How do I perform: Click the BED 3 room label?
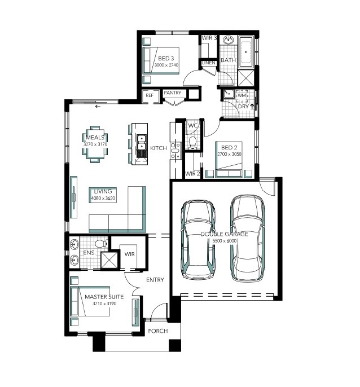click(x=166, y=59)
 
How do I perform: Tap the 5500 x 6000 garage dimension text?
click(x=225, y=241)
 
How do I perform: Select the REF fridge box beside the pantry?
click(x=150, y=96)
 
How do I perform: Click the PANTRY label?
click(x=172, y=93)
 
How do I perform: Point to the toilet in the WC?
click(x=192, y=143)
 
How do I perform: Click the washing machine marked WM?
click(x=242, y=96)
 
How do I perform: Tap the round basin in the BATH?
click(x=228, y=39)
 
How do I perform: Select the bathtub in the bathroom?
click(x=246, y=52)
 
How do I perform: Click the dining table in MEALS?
click(x=95, y=144)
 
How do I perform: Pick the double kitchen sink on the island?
click(x=142, y=142)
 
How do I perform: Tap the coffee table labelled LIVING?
click(x=103, y=195)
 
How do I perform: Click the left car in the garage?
click(x=197, y=240)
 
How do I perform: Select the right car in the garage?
click(x=247, y=239)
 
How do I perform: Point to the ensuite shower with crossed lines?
click(x=109, y=260)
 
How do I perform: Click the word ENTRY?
click(x=155, y=280)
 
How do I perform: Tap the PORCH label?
click(x=158, y=331)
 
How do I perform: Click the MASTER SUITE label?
click(x=104, y=297)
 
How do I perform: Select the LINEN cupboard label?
click(x=209, y=63)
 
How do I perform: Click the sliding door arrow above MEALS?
click(x=98, y=107)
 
